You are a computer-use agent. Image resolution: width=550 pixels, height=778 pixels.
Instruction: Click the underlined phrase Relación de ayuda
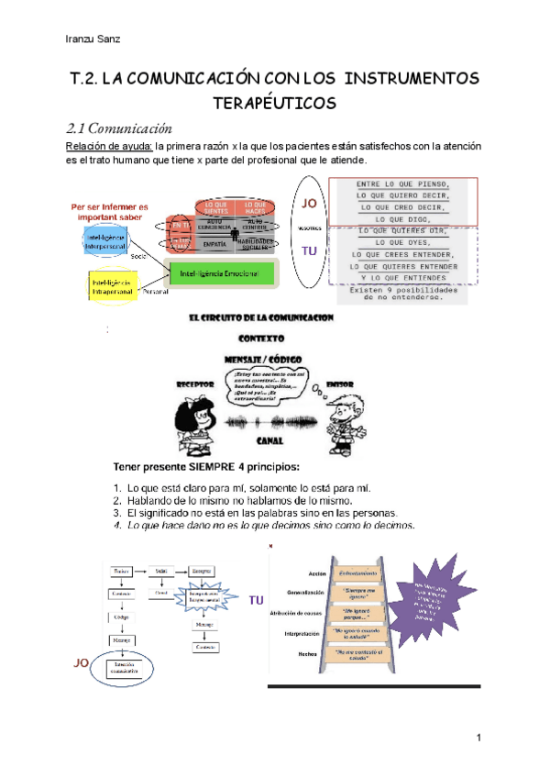point(104,146)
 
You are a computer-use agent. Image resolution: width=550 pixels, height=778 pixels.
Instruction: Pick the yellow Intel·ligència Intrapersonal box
point(114,286)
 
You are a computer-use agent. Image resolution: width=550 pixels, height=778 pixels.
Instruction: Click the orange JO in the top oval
point(310,203)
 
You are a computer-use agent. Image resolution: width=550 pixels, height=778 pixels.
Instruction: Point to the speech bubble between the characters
point(266,386)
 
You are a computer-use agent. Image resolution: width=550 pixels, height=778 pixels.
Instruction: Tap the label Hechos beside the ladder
point(306,653)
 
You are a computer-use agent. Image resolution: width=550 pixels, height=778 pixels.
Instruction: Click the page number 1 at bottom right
point(478,739)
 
